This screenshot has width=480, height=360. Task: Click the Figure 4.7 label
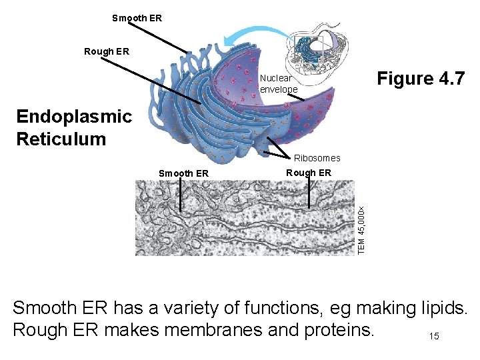(x=420, y=79)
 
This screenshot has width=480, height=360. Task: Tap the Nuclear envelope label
(x=279, y=83)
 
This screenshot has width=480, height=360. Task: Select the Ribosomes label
(x=317, y=158)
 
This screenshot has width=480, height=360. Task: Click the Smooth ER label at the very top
(x=137, y=18)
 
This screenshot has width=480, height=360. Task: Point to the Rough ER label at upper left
(x=107, y=51)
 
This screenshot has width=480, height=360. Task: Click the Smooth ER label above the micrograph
(x=183, y=173)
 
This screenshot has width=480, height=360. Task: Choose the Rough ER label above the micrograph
(x=308, y=172)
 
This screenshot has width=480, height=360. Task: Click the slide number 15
(x=434, y=337)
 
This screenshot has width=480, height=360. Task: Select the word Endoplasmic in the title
(x=74, y=117)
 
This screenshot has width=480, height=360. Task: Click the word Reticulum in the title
(x=61, y=139)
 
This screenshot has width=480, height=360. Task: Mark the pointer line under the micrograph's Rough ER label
(x=309, y=194)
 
